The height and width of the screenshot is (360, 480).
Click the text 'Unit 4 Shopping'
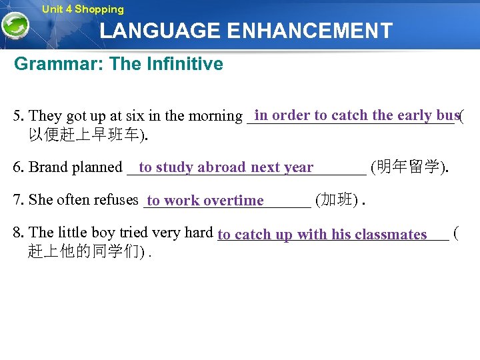tap(83, 9)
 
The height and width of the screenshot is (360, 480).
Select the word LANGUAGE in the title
tap(160, 31)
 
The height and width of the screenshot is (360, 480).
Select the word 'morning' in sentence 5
tap(217, 116)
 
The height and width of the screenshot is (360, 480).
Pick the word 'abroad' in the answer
tap(223, 167)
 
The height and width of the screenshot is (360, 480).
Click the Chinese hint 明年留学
tap(409, 167)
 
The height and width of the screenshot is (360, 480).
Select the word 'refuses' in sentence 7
tap(114, 200)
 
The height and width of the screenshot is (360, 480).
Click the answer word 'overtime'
tap(233, 201)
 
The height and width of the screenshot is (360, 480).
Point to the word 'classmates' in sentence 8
tap(391, 235)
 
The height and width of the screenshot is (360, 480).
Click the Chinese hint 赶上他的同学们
tap(84, 252)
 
